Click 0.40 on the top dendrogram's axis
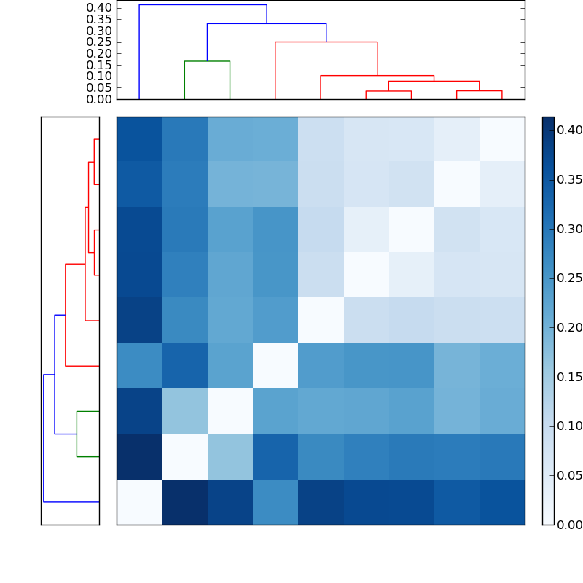(100, 8)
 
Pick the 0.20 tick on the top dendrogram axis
(100, 53)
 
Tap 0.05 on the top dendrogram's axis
(100, 87)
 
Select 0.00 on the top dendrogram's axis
(100, 99)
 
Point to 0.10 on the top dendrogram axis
(100, 77)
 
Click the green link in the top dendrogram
(207, 61)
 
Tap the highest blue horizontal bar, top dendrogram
(203, 5)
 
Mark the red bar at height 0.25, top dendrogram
(326, 42)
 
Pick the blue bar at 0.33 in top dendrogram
(266, 24)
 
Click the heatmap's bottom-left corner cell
(139, 501)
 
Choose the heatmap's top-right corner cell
(501, 139)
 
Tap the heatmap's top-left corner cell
(139, 139)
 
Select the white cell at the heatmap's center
(321, 320)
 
